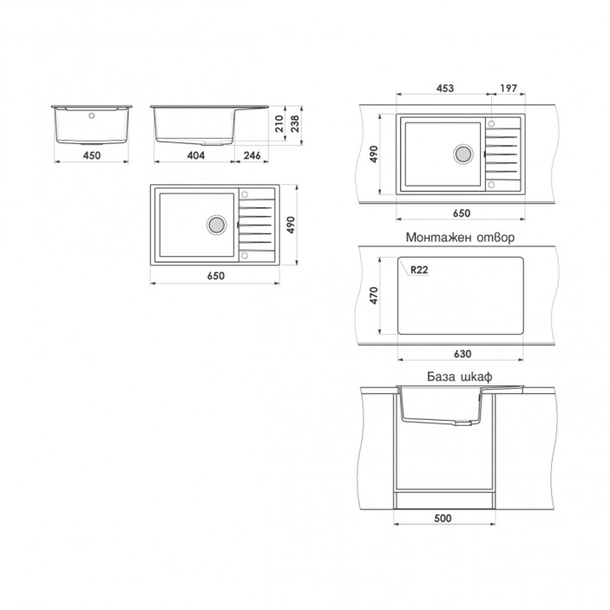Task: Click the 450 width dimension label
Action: [92, 155]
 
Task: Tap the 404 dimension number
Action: [196, 155]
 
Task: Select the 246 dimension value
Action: [253, 155]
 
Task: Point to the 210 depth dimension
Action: [279, 124]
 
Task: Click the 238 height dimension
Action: [295, 124]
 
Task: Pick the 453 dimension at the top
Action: [444, 89]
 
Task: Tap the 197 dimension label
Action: [508, 89]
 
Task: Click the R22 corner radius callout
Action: [419, 270]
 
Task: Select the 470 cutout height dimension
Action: [374, 295]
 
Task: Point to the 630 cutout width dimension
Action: [462, 354]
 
